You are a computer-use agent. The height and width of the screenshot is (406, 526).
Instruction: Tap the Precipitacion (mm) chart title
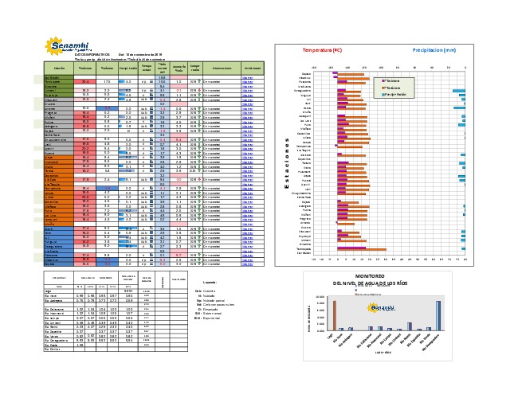[x=434, y=50]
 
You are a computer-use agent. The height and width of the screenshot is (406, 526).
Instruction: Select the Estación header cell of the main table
[x=56, y=69]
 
